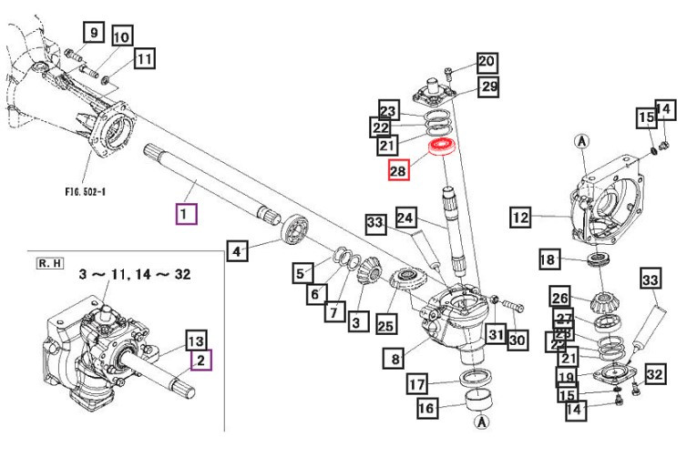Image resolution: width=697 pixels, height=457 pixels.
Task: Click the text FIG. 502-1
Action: [x=94, y=192]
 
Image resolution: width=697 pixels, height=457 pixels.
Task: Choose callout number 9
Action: [x=92, y=33]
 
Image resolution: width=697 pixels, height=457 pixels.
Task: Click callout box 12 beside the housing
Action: [x=520, y=218]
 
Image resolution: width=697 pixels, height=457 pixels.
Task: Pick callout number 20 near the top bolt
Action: [x=486, y=62]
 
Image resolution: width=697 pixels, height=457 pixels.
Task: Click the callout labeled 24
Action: [x=405, y=218]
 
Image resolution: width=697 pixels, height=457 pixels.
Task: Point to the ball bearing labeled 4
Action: [x=294, y=228]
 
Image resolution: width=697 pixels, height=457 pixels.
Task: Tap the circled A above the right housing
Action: [x=580, y=140]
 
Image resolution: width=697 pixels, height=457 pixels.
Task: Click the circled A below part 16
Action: [x=480, y=424]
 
